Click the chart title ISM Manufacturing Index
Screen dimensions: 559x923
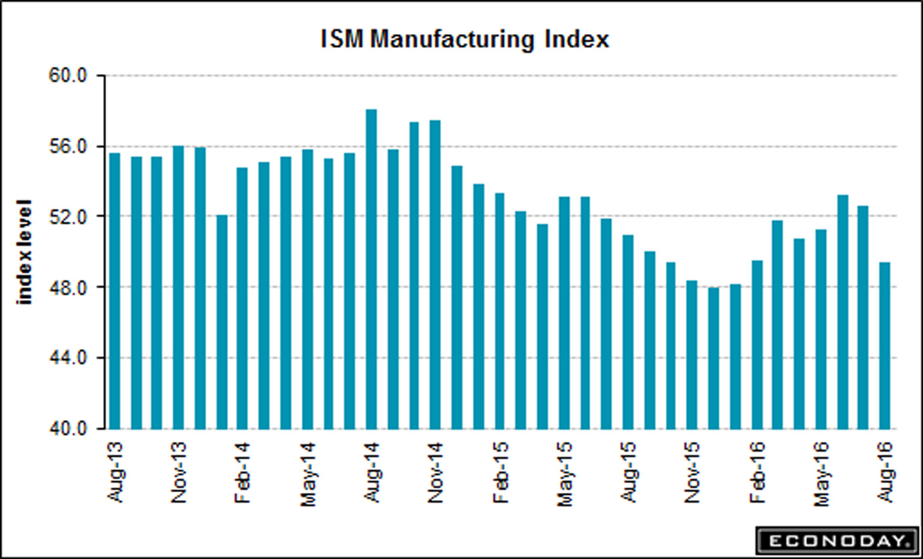coord(465,39)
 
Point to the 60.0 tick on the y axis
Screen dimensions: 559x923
coord(68,76)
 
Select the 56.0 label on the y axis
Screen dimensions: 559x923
coord(68,147)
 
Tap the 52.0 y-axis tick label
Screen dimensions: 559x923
coord(68,217)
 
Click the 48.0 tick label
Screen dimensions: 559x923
coord(68,288)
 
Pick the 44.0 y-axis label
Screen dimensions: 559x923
coord(68,358)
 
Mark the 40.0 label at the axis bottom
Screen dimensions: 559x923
coord(68,429)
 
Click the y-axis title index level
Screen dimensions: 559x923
coord(25,252)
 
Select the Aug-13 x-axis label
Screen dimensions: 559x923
coord(115,472)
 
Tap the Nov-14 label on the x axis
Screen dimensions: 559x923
coord(436,472)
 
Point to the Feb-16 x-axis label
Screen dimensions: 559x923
coord(757,472)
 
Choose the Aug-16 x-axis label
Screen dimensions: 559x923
coord(886,472)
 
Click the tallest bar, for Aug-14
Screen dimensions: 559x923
coord(372,269)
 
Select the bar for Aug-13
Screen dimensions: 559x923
coord(115,291)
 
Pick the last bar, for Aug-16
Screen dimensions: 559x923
coord(885,345)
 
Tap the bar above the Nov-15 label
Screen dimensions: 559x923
coord(692,355)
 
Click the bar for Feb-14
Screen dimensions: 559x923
coord(243,298)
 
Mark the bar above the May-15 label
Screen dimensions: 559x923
coord(564,313)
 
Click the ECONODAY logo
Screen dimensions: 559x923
coord(837,541)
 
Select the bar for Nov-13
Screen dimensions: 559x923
coord(178,287)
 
